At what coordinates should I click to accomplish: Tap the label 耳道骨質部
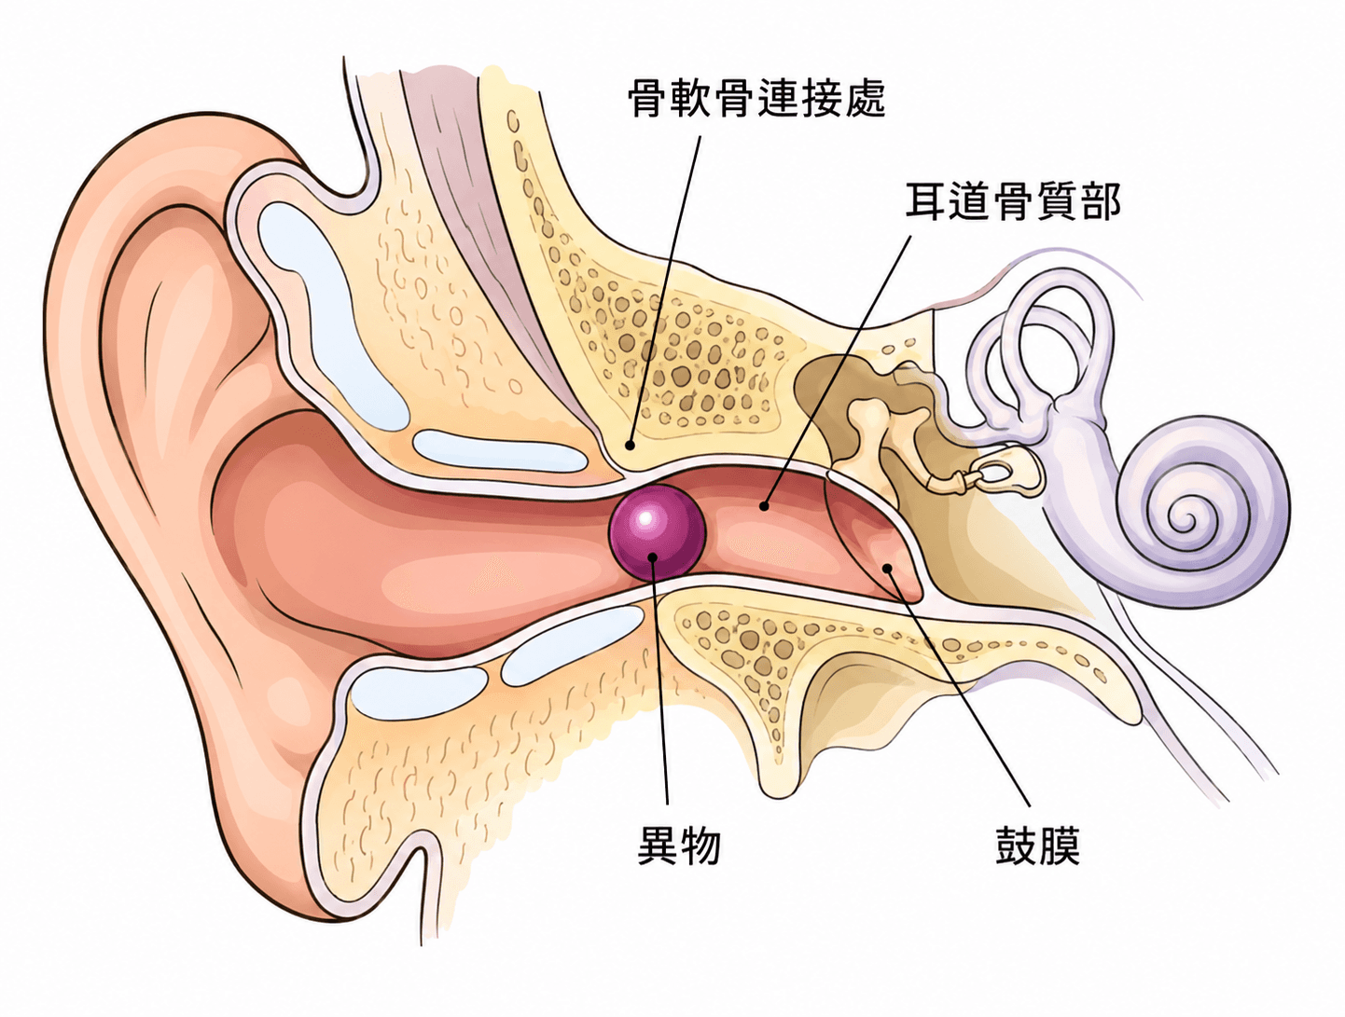tap(1013, 201)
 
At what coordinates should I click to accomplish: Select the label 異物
tap(679, 845)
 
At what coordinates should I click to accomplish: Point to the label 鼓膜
tap(1037, 845)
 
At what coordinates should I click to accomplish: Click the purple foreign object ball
tap(657, 532)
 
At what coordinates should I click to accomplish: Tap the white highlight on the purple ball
tap(645, 519)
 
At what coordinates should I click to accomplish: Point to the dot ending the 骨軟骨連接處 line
tap(629, 446)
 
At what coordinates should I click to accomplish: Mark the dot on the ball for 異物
tap(653, 557)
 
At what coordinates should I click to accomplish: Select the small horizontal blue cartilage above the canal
tap(499, 450)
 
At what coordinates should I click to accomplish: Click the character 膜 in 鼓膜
tap(1060, 845)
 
